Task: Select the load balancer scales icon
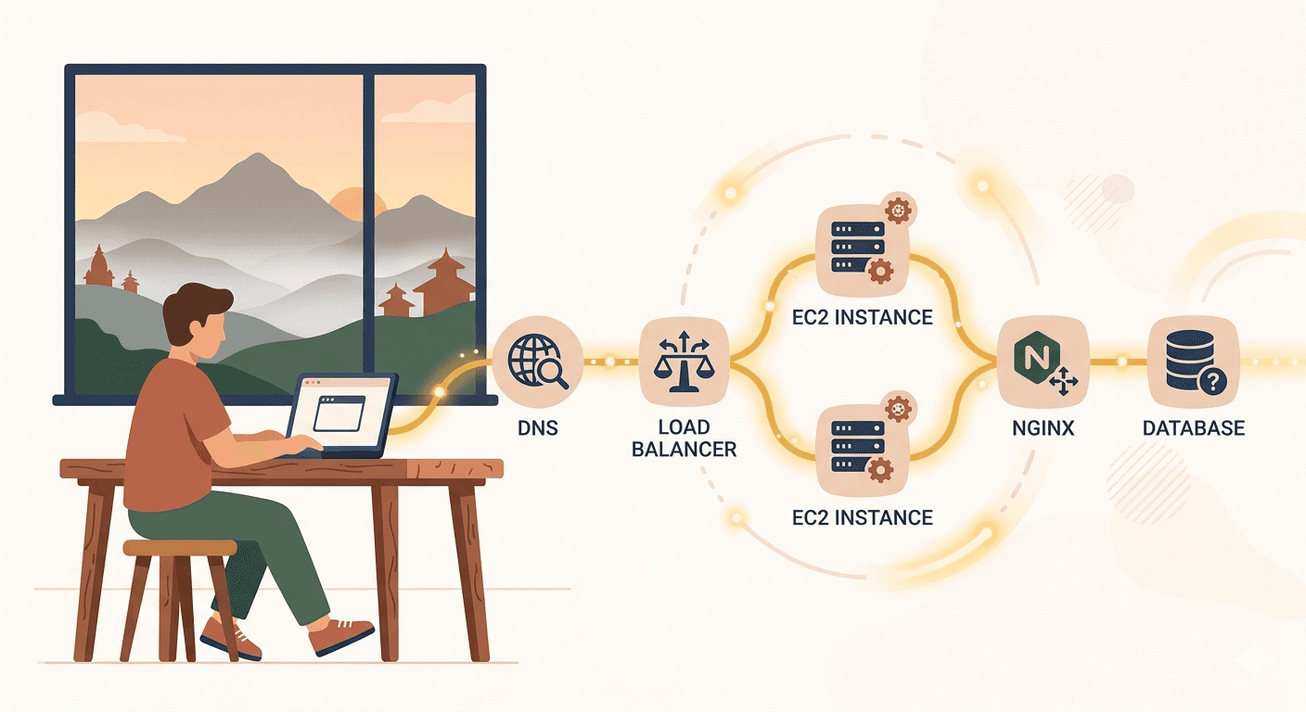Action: pyautogui.click(x=684, y=362)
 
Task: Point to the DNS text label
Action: pyautogui.click(x=538, y=428)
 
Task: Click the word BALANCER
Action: pyautogui.click(x=685, y=450)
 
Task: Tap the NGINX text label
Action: pyautogui.click(x=1044, y=428)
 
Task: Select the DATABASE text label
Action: pyautogui.click(x=1194, y=428)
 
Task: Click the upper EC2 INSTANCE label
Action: pyautogui.click(x=863, y=317)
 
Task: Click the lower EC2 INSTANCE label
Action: pyautogui.click(x=863, y=517)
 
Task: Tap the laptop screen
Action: pyautogui.click(x=339, y=413)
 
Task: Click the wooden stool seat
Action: pyautogui.click(x=180, y=547)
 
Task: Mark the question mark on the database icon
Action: pyautogui.click(x=1212, y=382)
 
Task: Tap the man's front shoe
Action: pyautogui.click(x=340, y=636)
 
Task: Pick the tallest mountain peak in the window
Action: pyautogui.click(x=257, y=155)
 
